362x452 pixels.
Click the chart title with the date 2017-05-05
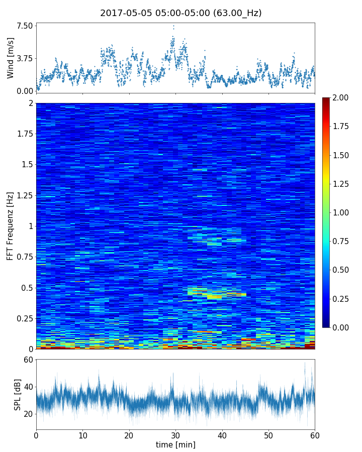[x=180, y=13]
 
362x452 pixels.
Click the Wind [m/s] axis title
[x=11, y=58]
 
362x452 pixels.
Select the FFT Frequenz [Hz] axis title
[x=11, y=226]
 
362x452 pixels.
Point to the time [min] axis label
[x=175, y=444]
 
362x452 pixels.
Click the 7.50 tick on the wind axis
[x=25, y=26]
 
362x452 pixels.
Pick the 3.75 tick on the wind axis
[x=25, y=58]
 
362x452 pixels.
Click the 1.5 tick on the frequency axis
[x=27, y=165]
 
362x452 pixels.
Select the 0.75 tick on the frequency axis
[x=25, y=257]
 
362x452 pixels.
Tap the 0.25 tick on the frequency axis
[x=25, y=318]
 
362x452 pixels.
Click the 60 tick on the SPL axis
[x=28, y=360]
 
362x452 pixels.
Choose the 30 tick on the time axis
[x=175, y=434]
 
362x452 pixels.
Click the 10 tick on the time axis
[x=82, y=434]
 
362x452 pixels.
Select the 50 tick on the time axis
[x=268, y=434]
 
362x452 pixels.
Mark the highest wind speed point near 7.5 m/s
[x=173, y=26]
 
